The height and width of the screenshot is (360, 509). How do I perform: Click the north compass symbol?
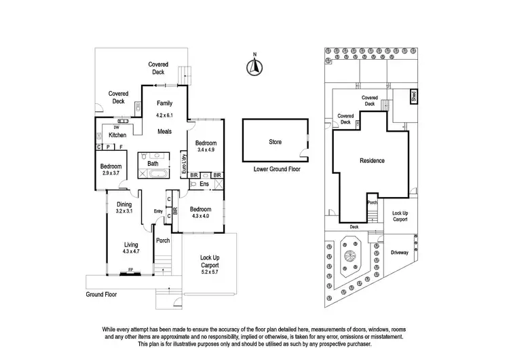253,65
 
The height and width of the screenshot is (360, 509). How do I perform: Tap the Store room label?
274,142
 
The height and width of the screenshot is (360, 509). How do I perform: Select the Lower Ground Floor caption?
276,169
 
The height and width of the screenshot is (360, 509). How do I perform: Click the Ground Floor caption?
102,295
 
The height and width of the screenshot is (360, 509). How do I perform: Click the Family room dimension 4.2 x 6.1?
165,115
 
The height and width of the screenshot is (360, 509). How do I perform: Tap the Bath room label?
153,164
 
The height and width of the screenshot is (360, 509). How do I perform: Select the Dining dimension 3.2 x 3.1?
124,211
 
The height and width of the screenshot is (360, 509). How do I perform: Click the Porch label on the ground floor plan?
163,240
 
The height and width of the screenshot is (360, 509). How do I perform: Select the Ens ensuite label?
204,183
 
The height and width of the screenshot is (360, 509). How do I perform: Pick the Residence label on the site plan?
372,161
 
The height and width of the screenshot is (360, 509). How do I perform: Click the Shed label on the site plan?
415,97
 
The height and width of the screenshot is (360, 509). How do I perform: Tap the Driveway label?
400,252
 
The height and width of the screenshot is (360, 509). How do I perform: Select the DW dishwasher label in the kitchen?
117,128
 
